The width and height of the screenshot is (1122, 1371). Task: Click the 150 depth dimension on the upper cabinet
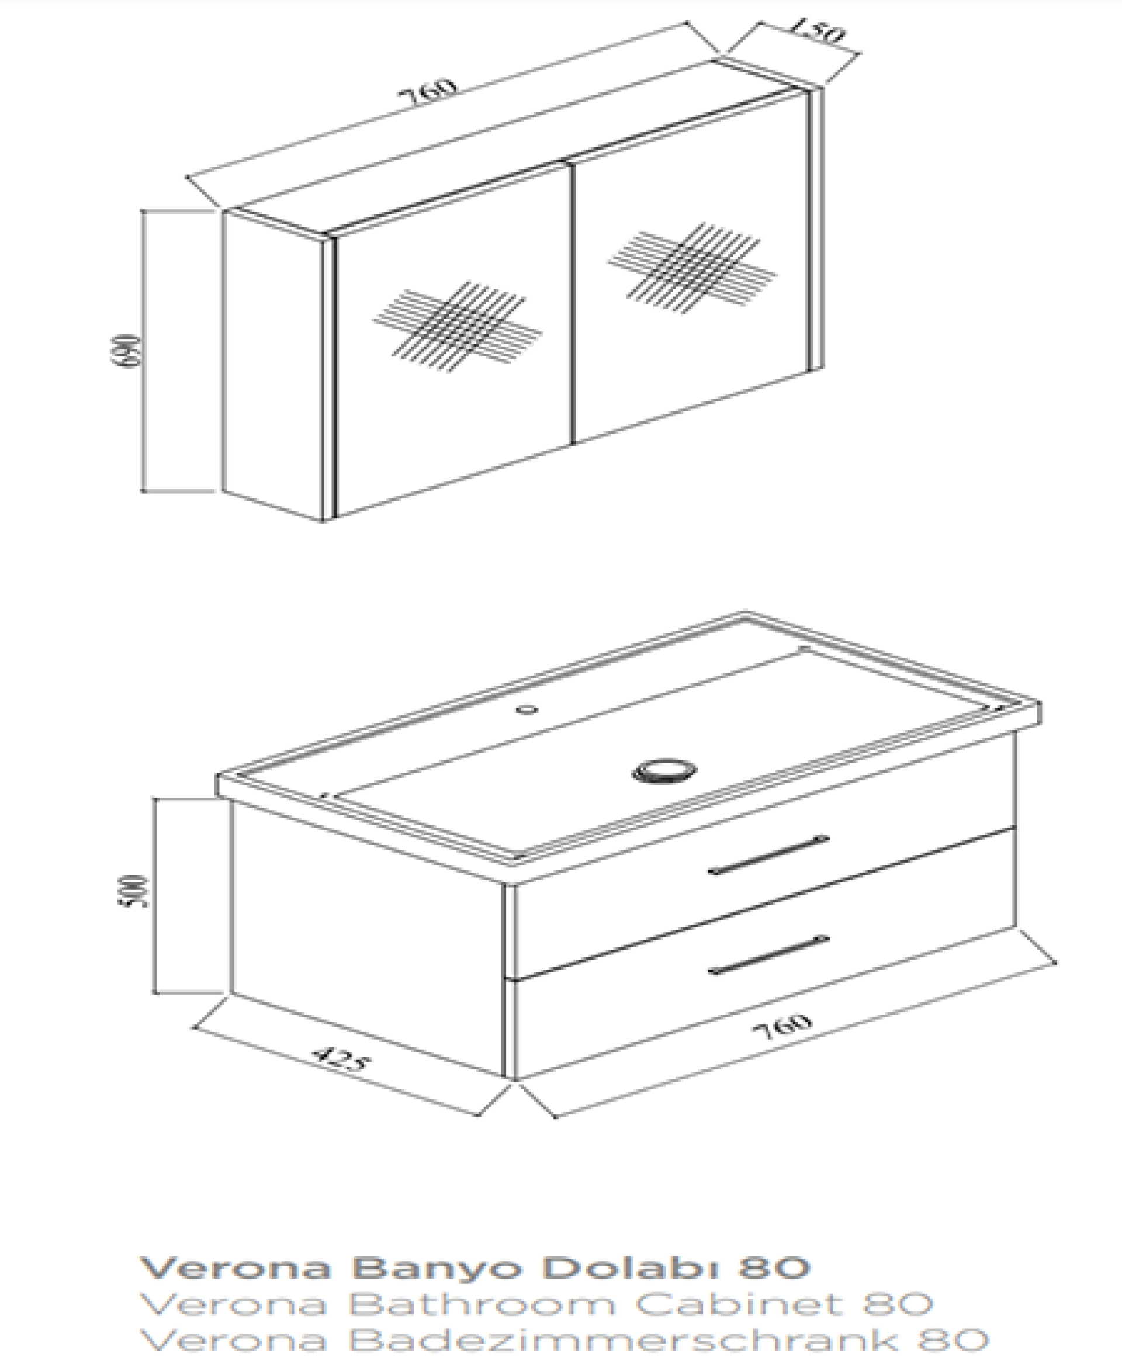(x=816, y=30)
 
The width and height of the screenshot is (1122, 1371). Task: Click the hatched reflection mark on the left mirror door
(x=457, y=327)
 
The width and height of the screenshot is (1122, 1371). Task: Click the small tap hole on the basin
(x=528, y=709)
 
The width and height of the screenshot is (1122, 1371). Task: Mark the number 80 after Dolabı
(x=773, y=1268)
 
